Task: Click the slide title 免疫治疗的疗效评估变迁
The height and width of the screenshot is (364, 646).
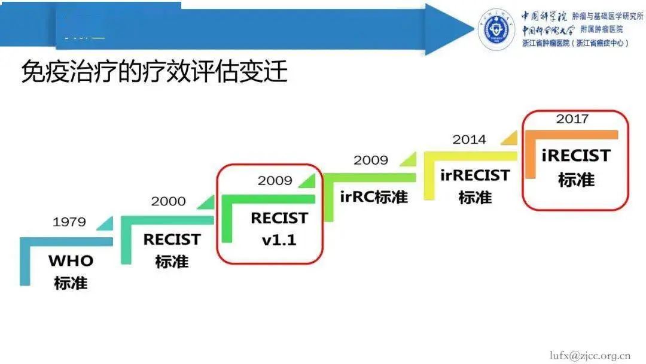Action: coord(154,72)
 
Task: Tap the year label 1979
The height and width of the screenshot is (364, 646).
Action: coord(69,222)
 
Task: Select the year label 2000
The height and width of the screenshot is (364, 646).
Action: coord(168,201)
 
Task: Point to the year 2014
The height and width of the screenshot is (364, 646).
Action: coord(469,139)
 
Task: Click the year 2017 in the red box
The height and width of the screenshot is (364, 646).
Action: coord(572,119)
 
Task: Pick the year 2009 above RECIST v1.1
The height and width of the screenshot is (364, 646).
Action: coord(275,180)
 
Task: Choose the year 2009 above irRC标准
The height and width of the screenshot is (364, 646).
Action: coord(370,160)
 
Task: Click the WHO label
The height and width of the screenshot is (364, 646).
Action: coord(71,261)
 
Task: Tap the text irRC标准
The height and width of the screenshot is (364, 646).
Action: coord(374,196)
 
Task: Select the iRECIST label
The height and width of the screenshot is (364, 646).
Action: coord(576,156)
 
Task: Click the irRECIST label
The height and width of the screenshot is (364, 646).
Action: coord(475,175)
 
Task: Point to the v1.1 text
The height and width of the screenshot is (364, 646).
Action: coord(279,240)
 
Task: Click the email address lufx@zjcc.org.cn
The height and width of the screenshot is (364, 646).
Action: coord(590,354)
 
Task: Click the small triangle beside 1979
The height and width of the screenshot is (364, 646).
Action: coord(105,223)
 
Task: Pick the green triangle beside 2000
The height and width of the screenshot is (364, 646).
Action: coord(205,202)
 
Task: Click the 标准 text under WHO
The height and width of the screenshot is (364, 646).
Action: coord(71,283)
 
